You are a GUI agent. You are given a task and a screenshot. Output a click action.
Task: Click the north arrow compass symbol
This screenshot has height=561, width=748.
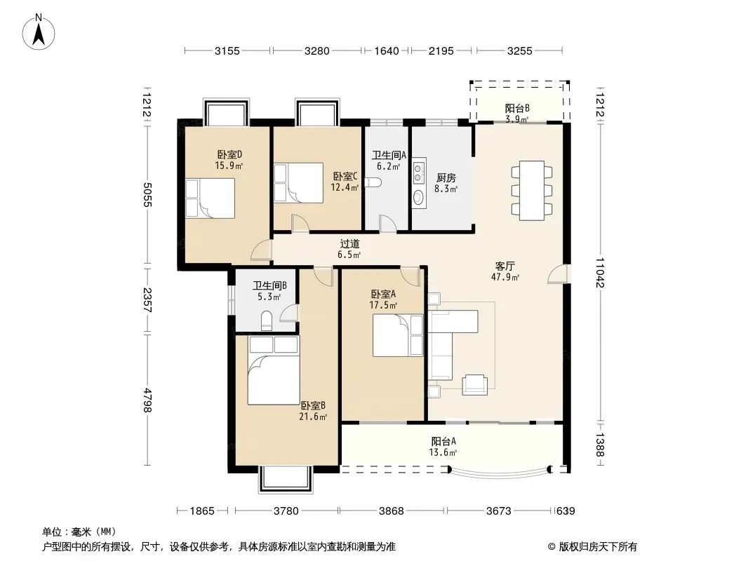tap(39, 32)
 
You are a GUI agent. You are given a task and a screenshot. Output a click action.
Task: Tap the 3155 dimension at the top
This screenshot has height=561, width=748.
tap(227, 50)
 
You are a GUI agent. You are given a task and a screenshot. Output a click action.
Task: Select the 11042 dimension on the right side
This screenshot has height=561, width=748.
tap(600, 273)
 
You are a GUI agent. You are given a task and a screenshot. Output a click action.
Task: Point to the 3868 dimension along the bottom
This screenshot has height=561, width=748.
tap(391, 511)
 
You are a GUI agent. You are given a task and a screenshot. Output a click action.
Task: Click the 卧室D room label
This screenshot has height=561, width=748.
tap(230, 154)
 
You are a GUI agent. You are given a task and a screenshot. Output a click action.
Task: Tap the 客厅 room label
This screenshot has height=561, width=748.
tap(505, 266)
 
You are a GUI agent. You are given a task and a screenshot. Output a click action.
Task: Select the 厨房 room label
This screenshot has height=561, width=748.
tap(446, 178)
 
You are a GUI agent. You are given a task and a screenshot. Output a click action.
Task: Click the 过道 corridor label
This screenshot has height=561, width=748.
tap(349, 243)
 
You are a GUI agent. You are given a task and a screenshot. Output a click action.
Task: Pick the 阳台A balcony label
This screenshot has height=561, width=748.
tap(443, 441)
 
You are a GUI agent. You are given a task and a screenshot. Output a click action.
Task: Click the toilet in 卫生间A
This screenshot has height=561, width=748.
tap(373, 183)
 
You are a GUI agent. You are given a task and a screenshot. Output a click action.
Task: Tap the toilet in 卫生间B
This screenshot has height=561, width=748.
tap(267, 320)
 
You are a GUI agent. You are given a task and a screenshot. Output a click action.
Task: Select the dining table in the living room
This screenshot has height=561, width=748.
tap(532, 191)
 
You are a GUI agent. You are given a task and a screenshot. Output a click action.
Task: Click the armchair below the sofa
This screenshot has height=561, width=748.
tap(474, 385)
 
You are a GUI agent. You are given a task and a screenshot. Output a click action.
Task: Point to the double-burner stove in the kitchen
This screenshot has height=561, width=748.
tap(418, 173)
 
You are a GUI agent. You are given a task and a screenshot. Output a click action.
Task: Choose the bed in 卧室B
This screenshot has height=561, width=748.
tap(274, 370)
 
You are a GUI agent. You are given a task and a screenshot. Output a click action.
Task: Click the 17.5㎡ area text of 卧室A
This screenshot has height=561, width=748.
tap(384, 305)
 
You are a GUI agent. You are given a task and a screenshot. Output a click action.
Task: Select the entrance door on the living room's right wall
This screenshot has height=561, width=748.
tap(558, 274)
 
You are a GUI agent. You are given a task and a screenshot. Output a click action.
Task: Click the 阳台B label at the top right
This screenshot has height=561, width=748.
tap(517, 108)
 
